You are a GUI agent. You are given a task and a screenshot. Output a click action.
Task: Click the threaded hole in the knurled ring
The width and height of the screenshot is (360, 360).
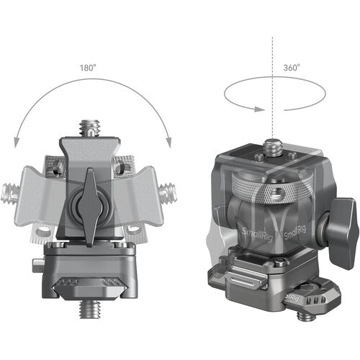point(276,194)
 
